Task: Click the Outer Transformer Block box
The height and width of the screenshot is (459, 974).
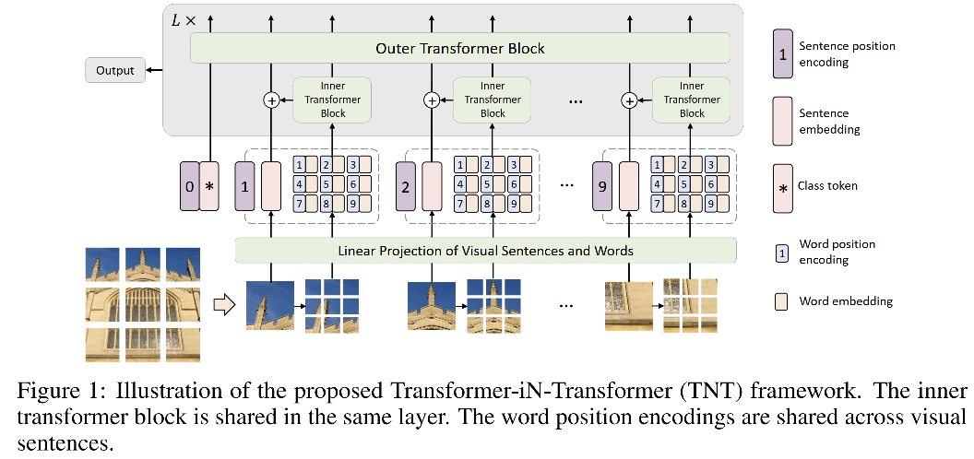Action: coord(459,48)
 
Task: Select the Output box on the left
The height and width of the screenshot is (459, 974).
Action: coord(114,70)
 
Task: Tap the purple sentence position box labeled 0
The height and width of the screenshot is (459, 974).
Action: coord(189,187)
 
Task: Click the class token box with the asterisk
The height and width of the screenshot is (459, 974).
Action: coord(209,187)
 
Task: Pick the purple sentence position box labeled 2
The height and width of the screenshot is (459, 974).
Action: coord(406,187)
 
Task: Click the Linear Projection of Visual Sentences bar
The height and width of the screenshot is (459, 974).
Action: coord(485,251)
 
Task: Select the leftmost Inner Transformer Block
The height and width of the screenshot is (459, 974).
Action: coord(333,100)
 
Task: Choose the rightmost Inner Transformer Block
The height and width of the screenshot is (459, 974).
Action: coord(691,100)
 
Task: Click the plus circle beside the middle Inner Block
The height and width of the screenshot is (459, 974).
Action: coord(431,100)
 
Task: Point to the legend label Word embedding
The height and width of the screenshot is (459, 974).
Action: coord(846,301)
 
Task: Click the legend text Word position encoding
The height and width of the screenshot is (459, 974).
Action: coord(837,251)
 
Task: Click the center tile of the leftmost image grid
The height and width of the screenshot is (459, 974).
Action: coord(142,305)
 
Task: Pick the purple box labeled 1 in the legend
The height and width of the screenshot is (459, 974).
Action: coord(783,54)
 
